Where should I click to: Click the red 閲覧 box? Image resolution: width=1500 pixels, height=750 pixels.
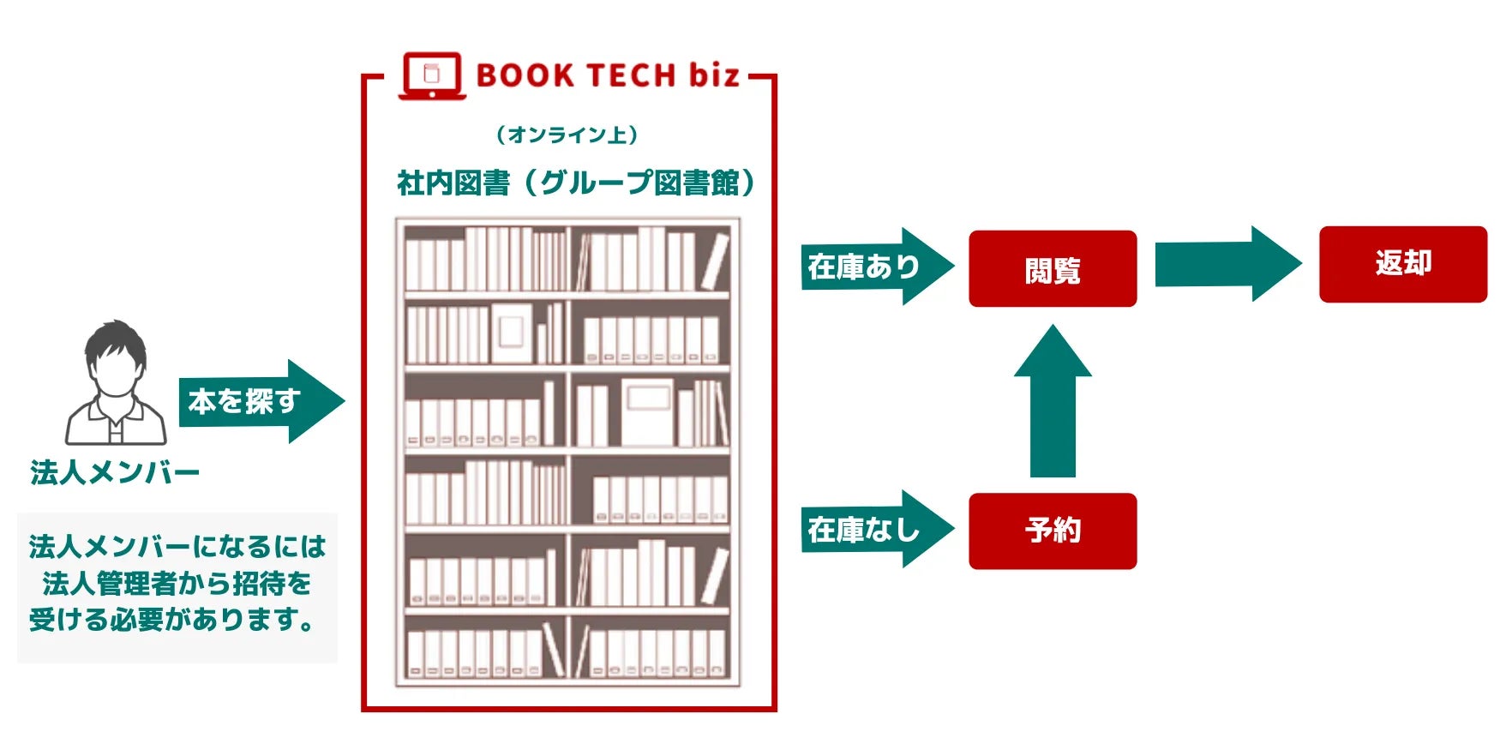[x=1052, y=269]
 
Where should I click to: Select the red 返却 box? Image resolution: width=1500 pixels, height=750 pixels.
[x=1402, y=264]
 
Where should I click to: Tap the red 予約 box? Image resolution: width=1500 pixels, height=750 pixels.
[x=1052, y=531]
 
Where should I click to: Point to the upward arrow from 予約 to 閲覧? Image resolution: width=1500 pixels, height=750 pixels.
[x=1052, y=403]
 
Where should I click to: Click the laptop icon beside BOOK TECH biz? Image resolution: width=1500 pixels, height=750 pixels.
[x=432, y=75]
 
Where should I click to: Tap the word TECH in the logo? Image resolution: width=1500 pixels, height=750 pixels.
[x=630, y=75]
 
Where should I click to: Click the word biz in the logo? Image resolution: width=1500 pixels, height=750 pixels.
[x=713, y=75]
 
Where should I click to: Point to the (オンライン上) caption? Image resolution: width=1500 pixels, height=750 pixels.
[x=567, y=135]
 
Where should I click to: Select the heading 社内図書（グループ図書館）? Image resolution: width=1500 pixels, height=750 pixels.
[x=576, y=183]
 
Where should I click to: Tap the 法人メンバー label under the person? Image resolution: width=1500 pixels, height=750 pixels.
[x=115, y=472]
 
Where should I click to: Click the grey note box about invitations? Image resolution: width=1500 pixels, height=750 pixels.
[x=177, y=587]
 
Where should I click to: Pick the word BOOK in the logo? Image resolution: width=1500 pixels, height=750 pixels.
[x=525, y=75]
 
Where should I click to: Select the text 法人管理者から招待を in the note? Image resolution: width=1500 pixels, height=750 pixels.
[x=177, y=584]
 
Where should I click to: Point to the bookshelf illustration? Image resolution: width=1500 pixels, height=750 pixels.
[x=567, y=453]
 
